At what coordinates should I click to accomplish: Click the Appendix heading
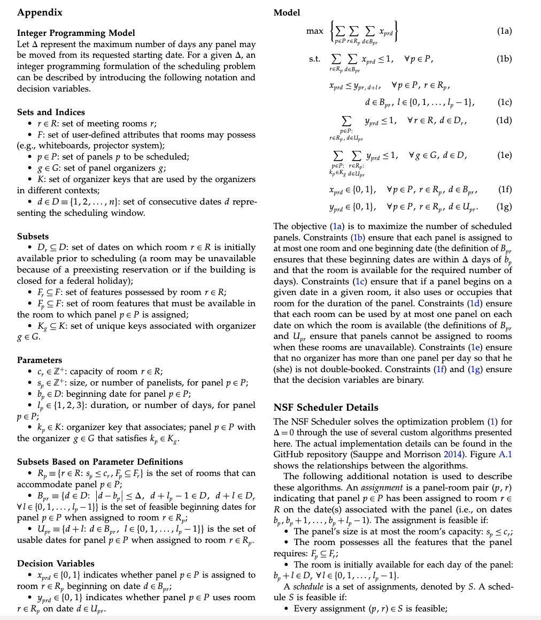pos(40,12)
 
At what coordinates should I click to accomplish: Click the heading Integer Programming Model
pos(76,33)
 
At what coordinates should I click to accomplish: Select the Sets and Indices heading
pos(51,112)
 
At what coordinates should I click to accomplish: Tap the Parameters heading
pos(40,360)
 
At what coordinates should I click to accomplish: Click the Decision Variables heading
pos(56,563)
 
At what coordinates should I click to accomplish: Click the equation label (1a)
pos(504,32)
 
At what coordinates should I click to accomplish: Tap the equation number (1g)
pos(504,206)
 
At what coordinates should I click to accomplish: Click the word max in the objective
pos(314,31)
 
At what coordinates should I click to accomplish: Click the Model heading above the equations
pos(287,12)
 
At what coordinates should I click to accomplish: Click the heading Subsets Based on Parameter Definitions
pos(100,462)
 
